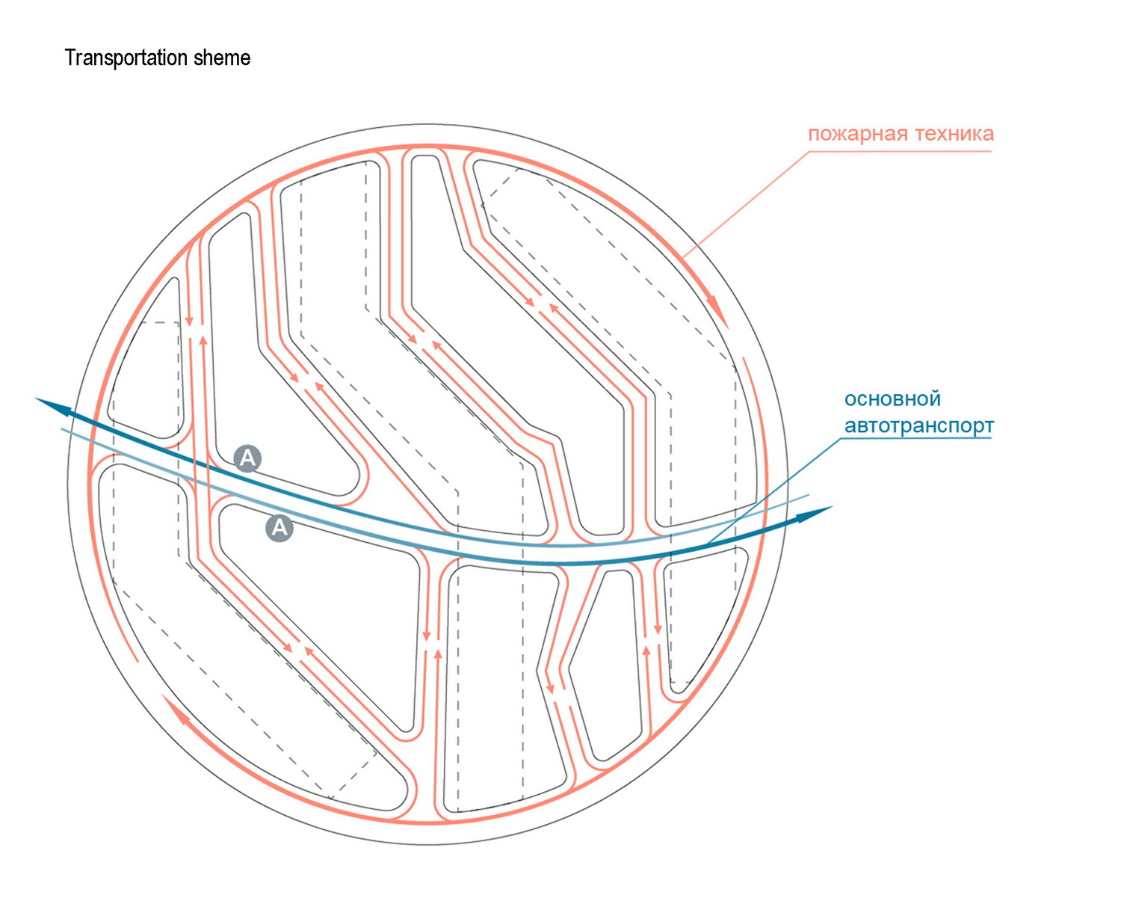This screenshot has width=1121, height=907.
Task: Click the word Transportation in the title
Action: pos(126,58)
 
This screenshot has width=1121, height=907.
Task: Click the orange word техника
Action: pos(950,134)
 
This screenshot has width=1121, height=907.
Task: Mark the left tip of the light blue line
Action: pos(61,429)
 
